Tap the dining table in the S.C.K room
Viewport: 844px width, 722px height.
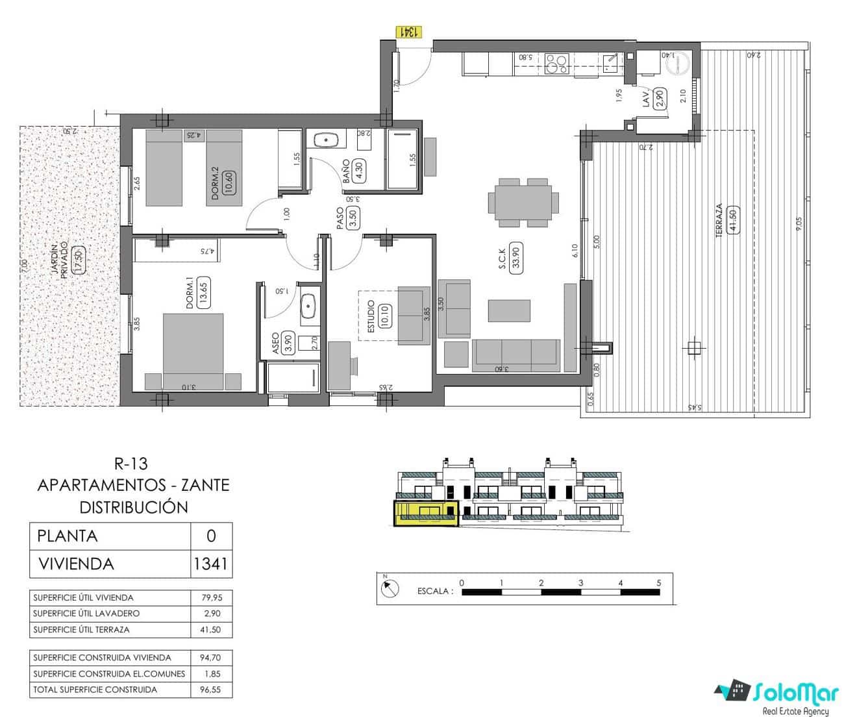pos(523,203)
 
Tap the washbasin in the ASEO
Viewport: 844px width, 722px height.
pos(308,306)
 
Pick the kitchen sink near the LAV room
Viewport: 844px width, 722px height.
pos(610,62)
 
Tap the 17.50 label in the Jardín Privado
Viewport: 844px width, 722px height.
pos(79,260)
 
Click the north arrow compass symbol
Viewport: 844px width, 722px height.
pos(390,588)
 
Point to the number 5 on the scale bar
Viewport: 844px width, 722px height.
pos(659,582)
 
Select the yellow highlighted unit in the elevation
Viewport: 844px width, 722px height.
pos(426,513)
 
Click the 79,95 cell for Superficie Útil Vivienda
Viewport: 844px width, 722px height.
pos(212,597)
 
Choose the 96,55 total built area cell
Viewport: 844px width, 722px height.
pos(212,690)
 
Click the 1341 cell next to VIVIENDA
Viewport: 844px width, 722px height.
pos(211,564)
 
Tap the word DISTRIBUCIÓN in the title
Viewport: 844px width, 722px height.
pos(134,507)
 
